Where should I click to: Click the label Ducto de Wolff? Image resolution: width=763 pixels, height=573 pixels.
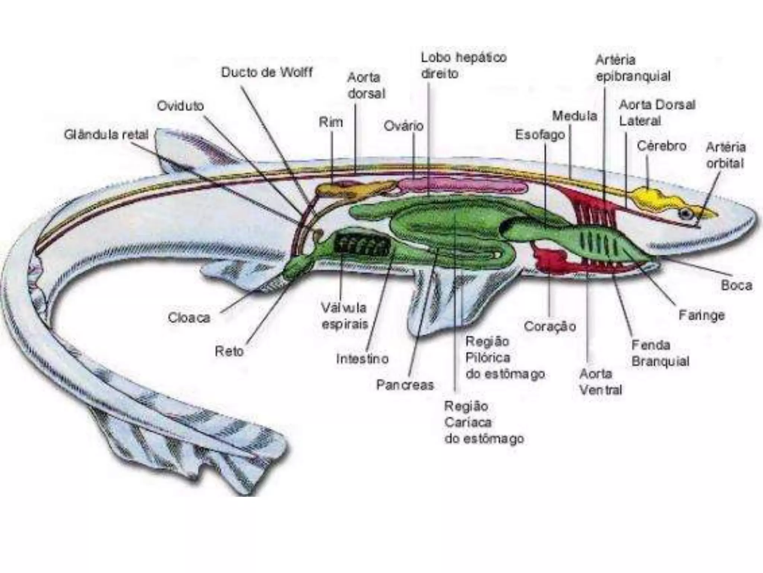pyautogui.click(x=267, y=72)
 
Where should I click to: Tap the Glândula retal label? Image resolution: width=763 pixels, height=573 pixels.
pyautogui.click(x=106, y=134)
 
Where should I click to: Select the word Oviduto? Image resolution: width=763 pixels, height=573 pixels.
pyautogui.click(x=180, y=106)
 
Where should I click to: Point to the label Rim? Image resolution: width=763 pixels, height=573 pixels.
pyautogui.click(x=330, y=122)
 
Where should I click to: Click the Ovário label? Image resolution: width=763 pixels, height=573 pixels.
pyautogui.click(x=403, y=126)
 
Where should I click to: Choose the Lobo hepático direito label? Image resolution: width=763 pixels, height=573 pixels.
pyautogui.click(x=463, y=65)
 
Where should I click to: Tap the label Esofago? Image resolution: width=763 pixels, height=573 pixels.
pyautogui.click(x=540, y=135)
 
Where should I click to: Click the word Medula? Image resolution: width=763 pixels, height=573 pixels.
pyautogui.click(x=574, y=116)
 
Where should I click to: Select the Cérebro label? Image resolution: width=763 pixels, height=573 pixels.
pyautogui.click(x=661, y=145)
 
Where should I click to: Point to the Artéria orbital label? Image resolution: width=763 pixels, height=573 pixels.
pyautogui.click(x=725, y=155)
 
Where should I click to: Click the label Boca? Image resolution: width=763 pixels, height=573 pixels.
pyautogui.click(x=737, y=285)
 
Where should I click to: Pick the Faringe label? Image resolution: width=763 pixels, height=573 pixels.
pyautogui.click(x=702, y=316)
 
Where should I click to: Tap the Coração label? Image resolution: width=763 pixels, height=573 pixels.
pyautogui.click(x=550, y=326)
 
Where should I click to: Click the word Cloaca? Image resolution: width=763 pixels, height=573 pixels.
pyautogui.click(x=189, y=318)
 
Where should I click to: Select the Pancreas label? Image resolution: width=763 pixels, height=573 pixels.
pyautogui.click(x=405, y=385)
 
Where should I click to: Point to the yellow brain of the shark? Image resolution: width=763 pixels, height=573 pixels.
pyautogui.click(x=648, y=196)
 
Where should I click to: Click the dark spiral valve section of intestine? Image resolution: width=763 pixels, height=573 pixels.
pyautogui.click(x=362, y=245)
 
